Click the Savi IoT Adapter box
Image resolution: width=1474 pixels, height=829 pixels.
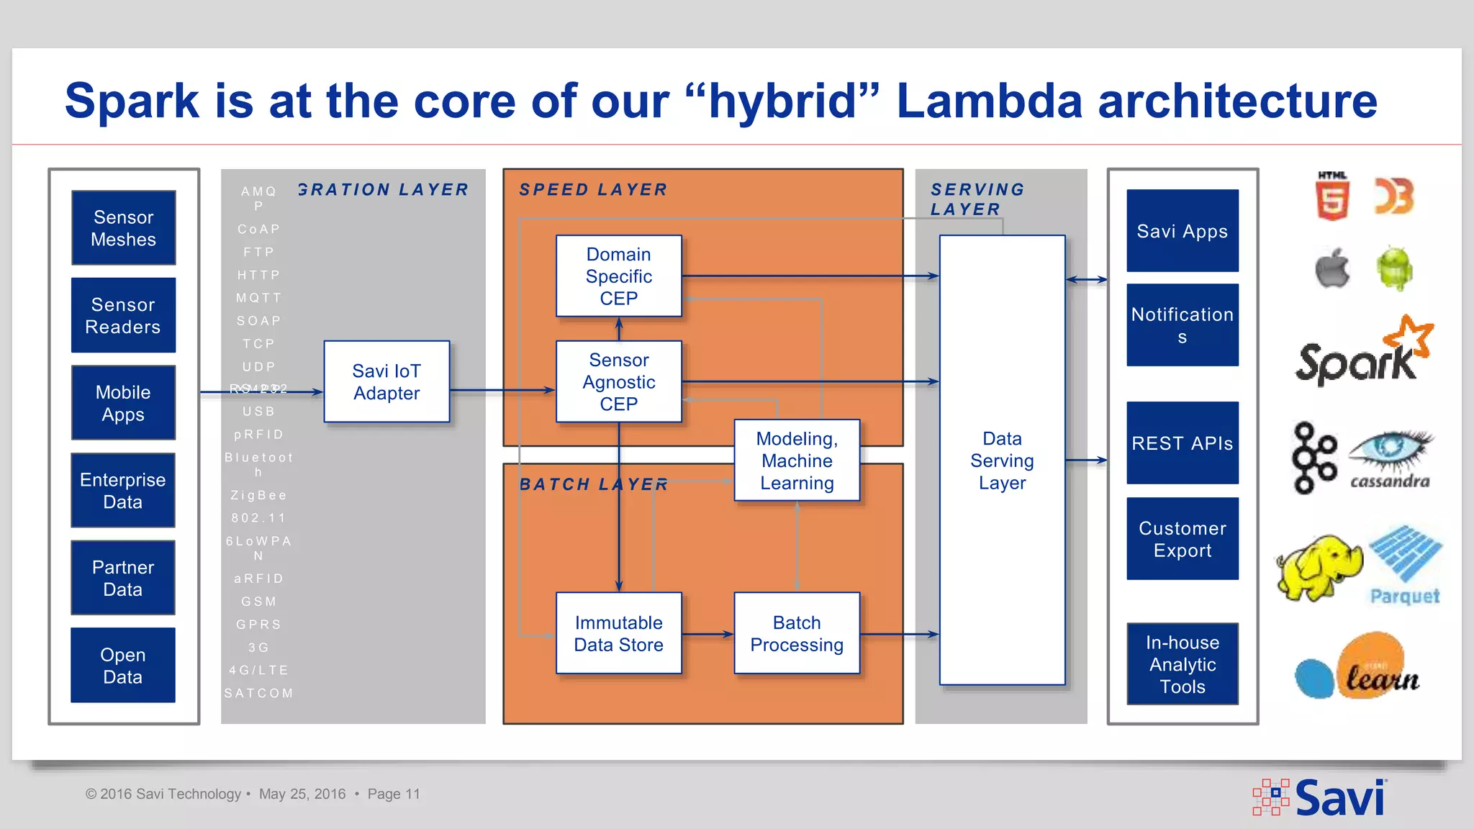[386, 381]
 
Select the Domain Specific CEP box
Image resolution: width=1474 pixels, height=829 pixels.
[618, 276]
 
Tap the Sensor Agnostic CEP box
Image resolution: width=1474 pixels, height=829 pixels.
[618, 381]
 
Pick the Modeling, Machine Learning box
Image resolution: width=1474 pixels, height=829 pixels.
[797, 461]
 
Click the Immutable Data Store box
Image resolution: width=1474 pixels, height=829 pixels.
[618, 633]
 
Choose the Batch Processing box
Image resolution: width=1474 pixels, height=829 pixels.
[797, 633]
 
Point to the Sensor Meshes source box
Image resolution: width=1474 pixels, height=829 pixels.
[123, 227]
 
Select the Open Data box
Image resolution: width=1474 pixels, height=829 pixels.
[123, 665]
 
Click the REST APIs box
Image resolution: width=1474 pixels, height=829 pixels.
[1182, 443]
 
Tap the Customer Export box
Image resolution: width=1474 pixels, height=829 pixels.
[1182, 539]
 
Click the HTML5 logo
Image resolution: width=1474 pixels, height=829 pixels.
[1331, 196]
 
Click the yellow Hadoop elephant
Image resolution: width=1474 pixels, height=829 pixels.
[1319, 567]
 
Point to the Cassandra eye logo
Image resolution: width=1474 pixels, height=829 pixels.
[1391, 458]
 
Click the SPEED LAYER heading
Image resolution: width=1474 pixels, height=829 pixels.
[593, 189]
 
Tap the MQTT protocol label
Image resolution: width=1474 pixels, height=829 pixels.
[258, 298]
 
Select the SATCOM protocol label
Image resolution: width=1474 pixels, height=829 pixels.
[258, 693]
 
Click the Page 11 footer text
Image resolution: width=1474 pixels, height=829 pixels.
[394, 794]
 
